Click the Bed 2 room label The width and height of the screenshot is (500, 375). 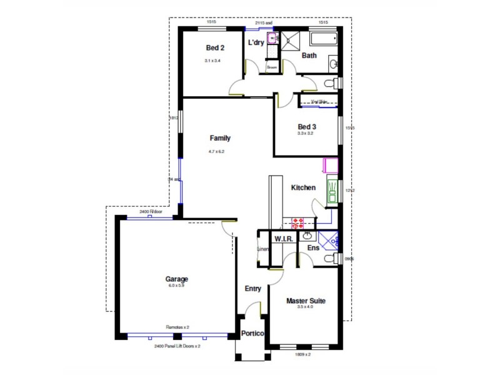point(215,48)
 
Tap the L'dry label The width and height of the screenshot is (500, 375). point(256,42)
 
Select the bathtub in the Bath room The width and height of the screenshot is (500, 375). point(323,41)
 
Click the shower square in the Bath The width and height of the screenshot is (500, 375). point(289,41)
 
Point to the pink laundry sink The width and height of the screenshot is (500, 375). point(272,39)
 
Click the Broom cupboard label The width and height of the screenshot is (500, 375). point(272,67)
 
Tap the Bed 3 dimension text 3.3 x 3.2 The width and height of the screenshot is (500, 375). point(306,133)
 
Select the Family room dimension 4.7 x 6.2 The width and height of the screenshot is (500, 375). point(216,151)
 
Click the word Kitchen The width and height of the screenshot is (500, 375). point(303,187)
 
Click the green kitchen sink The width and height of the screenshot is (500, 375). point(332,191)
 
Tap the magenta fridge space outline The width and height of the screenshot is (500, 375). point(331,166)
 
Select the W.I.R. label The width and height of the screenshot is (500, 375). point(284,239)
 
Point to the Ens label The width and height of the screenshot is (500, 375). point(313,248)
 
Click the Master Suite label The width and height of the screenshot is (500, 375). point(306,301)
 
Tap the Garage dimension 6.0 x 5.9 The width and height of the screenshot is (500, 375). point(177,286)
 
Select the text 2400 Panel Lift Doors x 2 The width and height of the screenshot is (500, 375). point(177,346)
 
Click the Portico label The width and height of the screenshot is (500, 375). point(253,334)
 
